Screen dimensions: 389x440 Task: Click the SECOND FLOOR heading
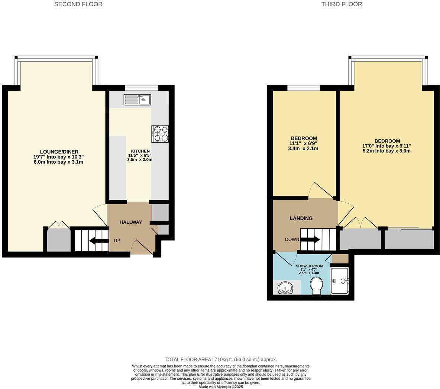[x=78, y=4]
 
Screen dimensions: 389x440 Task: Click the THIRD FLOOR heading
[x=342, y=4]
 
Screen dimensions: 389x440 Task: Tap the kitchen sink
[x=137, y=99]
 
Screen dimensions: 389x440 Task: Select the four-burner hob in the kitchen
[x=160, y=134]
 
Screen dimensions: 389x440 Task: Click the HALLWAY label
[x=130, y=222]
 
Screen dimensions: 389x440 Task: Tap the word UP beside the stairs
[x=117, y=241]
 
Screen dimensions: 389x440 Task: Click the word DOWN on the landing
[x=292, y=239]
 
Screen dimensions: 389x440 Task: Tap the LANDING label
[x=301, y=218]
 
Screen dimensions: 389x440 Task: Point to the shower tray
[x=339, y=281]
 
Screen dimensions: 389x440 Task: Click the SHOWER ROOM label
[x=309, y=266]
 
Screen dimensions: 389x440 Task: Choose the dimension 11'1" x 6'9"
[x=303, y=143]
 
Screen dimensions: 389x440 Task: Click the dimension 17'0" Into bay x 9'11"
[x=387, y=146]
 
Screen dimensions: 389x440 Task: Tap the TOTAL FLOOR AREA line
[x=221, y=359]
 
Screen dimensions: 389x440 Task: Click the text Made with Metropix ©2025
[x=221, y=386]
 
